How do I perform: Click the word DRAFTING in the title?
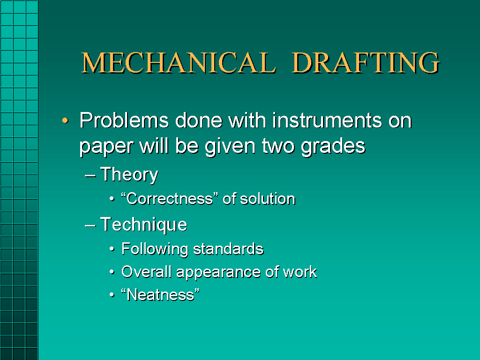pos(365,63)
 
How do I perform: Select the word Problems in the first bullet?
pos(124,121)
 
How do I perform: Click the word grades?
pos(333,146)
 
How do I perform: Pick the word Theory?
pos(129,175)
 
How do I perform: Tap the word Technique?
pos(143,225)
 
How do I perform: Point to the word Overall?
pos(140,272)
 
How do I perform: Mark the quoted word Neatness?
pos(160,295)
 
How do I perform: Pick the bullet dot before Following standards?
pos(112,249)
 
